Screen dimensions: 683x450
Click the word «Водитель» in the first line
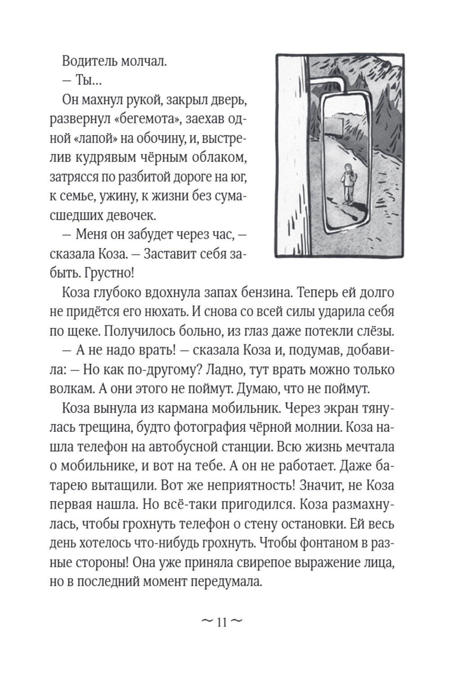tap(89, 60)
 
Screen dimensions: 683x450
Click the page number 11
tap(221, 623)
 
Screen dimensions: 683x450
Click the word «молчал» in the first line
tap(143, 60)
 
